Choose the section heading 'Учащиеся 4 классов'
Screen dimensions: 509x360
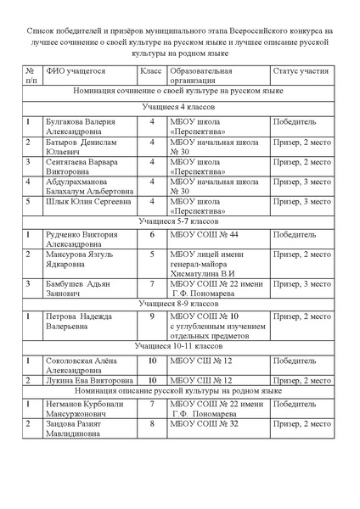point(180,109)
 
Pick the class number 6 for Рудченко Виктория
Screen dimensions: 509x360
point(151,234)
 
